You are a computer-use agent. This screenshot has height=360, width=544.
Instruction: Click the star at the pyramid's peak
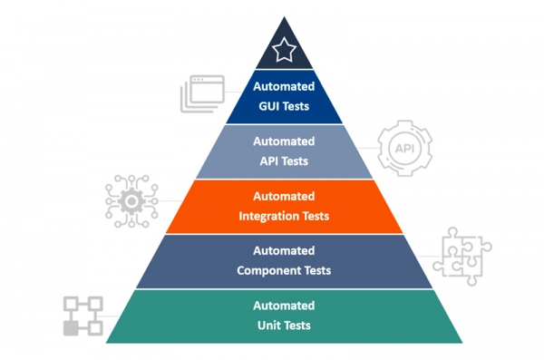pos(285,51)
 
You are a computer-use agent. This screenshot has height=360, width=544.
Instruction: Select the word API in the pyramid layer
pos(270,161)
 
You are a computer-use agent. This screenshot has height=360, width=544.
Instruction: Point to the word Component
pos(269,270)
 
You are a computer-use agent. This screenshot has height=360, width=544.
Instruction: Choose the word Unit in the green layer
pos(270,325)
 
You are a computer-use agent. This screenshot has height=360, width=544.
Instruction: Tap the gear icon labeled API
pos(403,149)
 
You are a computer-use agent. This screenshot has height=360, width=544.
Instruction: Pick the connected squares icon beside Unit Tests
pos(83,316)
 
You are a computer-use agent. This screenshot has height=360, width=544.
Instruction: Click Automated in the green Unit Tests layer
pos(285,306)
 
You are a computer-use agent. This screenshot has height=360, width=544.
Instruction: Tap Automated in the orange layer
pos(285,197)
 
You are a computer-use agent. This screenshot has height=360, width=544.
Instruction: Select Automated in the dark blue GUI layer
pos(285,87)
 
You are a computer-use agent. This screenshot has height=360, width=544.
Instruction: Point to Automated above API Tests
pos(285,141)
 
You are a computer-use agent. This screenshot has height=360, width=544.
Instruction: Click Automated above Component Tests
pos(285,252)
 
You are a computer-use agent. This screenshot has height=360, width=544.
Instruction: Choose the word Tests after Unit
pos(299,325)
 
